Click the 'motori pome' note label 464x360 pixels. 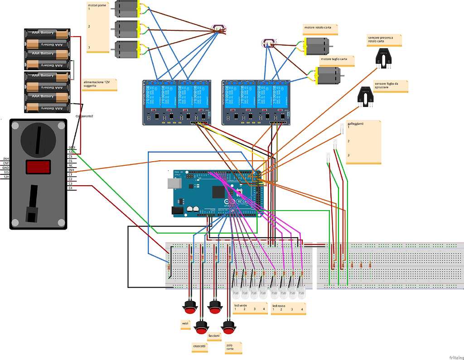(97, 27)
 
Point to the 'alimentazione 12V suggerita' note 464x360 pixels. (100, 84)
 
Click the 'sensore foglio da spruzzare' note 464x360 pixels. (390, 86)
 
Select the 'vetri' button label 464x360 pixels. (185, 324)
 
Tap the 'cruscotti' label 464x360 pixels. (199, 347)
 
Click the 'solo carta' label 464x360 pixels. (233, 347)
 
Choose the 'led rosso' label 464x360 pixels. (288, 309)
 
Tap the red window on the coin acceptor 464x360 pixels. (38, 167)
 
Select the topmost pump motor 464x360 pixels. (127, 9)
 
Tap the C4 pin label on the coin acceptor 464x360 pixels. (71, 187)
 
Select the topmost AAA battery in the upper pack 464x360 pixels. (47, 33)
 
